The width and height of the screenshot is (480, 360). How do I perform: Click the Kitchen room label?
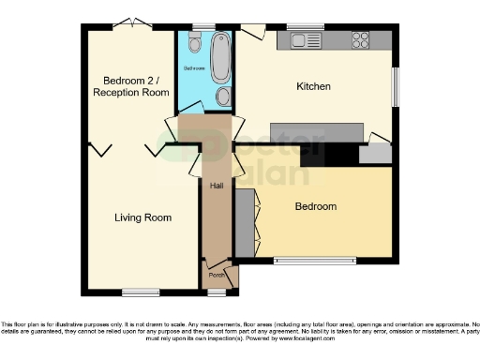(313, 86)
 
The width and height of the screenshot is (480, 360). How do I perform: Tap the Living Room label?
(142, 217)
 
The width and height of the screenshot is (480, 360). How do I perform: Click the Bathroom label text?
(194, 69)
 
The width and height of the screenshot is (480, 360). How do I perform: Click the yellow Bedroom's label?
(315, 206)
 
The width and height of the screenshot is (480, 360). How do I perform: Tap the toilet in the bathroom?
(193, 44)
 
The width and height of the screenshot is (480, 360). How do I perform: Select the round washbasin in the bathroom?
(222, 97)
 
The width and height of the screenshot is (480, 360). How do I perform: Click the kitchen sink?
(306, 40)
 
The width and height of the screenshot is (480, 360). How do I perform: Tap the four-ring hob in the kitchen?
(359, 40)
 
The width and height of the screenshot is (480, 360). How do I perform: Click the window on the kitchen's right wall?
(396, 87)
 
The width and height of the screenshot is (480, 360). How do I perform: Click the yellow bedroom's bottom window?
(315, 259)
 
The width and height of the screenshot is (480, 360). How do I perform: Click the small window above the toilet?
(198, 26)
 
